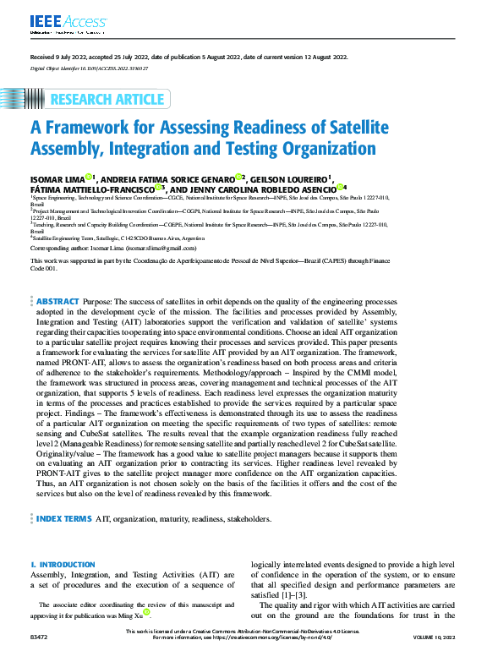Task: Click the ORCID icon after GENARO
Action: pyautogui.click(x=241, y=177)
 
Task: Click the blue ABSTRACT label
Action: pyautogui.click(x=58, y=301)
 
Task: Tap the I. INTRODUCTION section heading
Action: pyautogui.click(x=63, y=564)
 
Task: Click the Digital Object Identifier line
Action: pyautogui.click(x=90, y=67)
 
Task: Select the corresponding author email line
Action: pyautogui.click(x=113, y=249)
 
